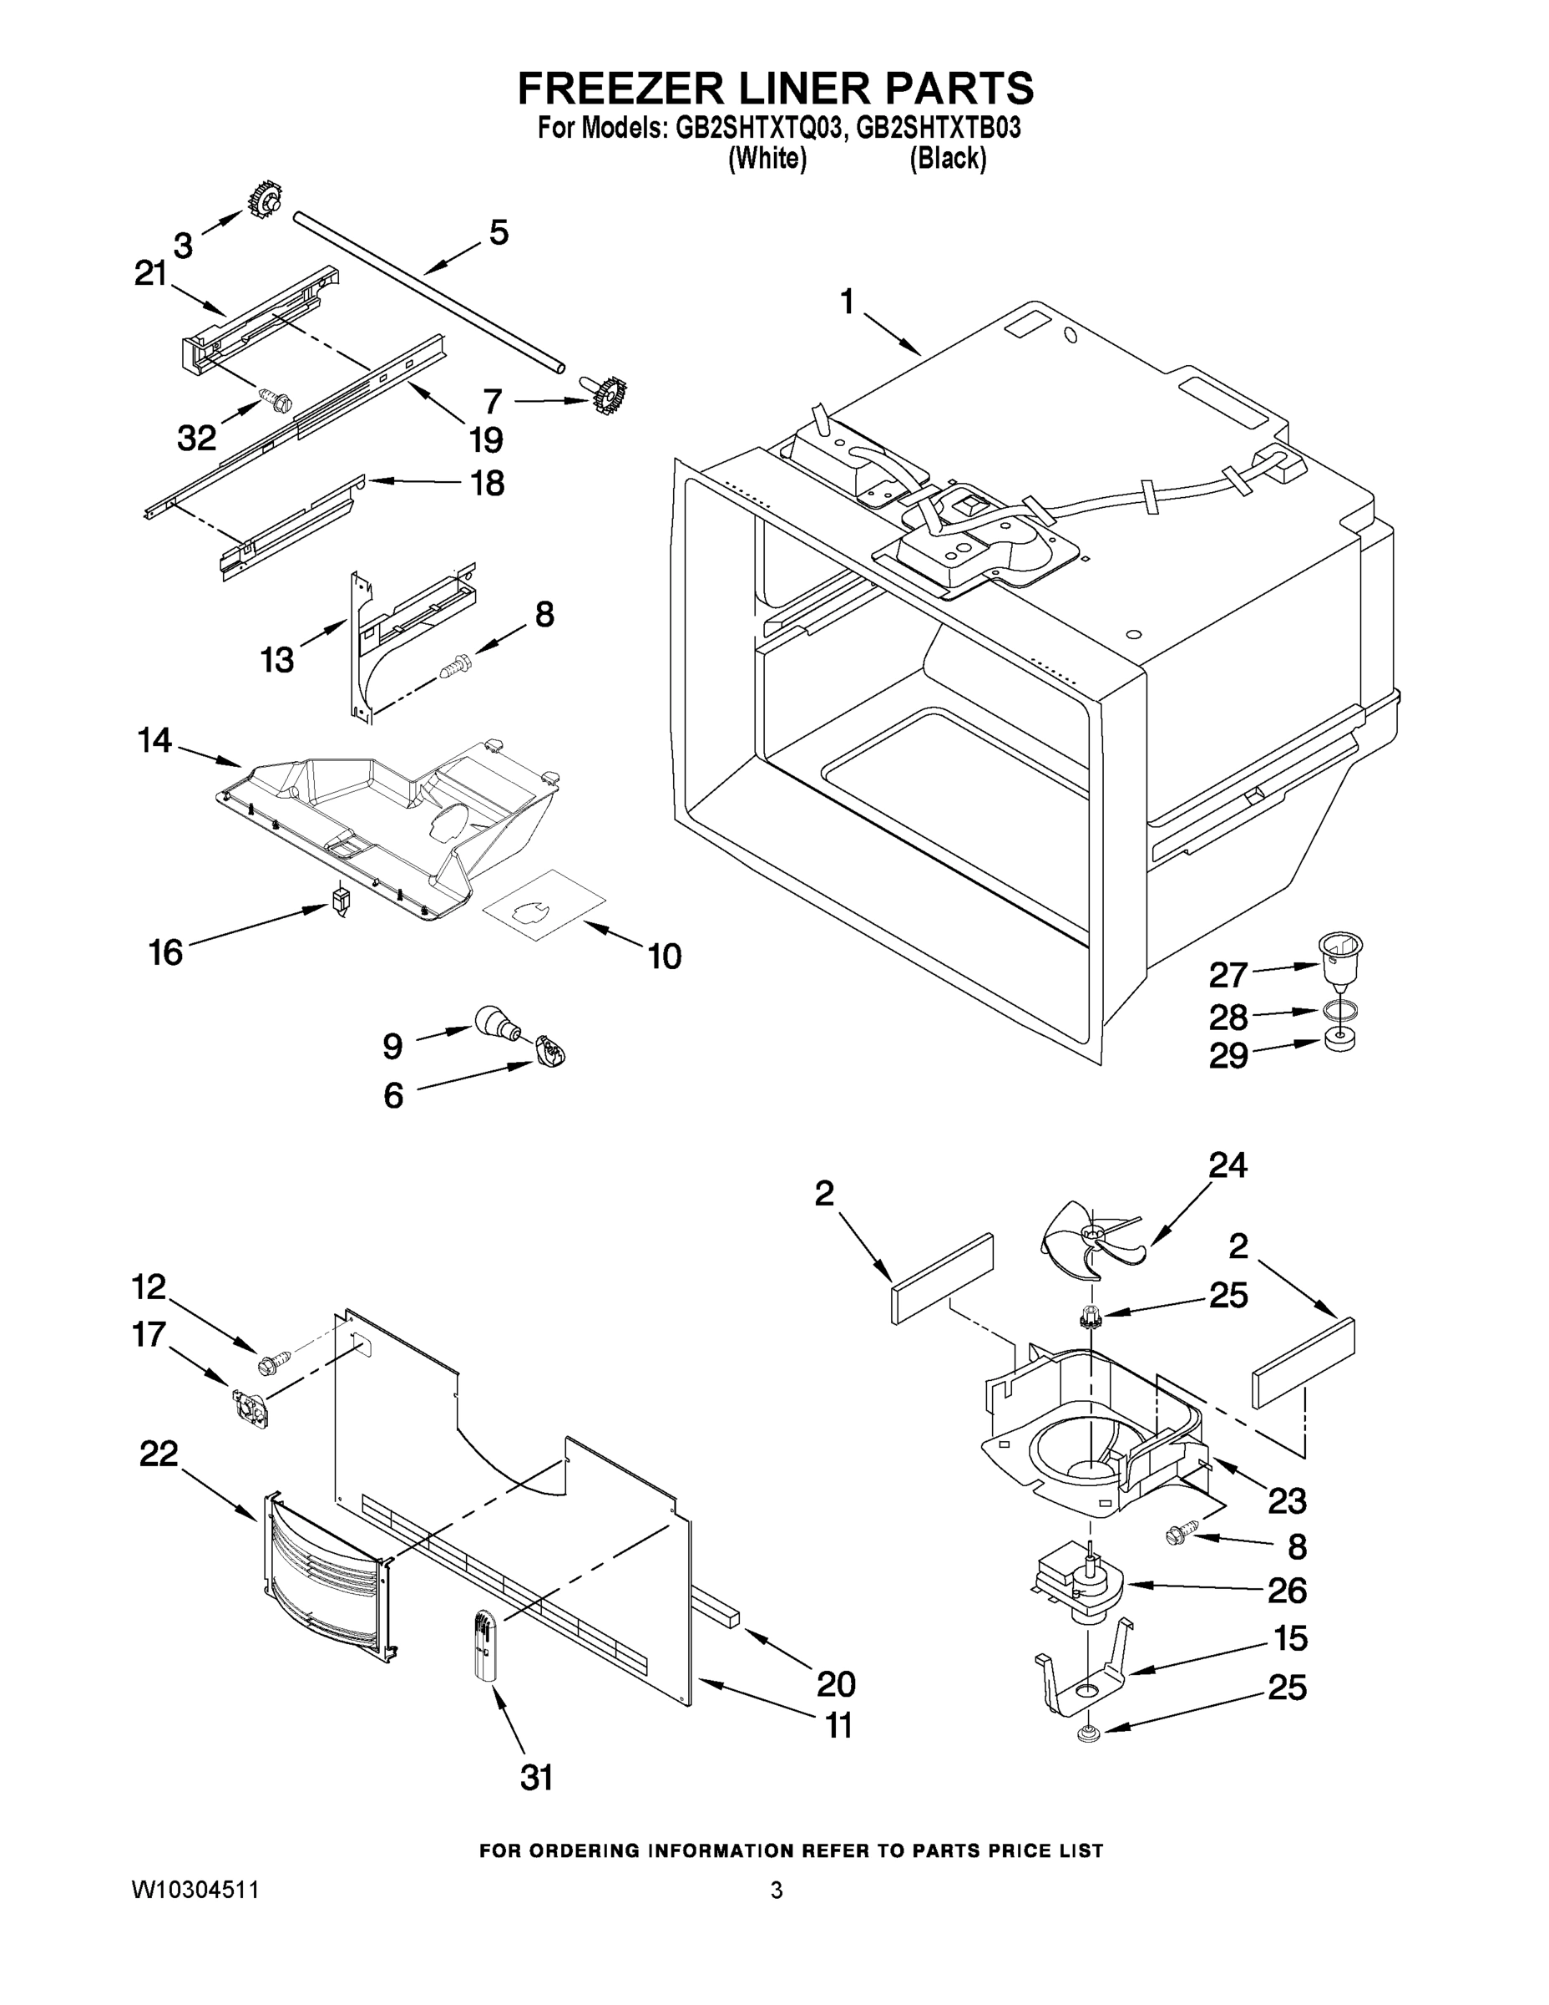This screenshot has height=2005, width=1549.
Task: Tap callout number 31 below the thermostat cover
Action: (537, 1779)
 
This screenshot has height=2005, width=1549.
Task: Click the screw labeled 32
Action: (275, 398)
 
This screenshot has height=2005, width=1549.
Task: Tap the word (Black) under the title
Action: (948, 159)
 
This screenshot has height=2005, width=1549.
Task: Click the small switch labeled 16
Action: (342, 901)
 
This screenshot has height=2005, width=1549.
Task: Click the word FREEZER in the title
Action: (623, 89)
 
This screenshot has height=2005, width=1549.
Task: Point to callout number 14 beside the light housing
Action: (154, 740)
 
